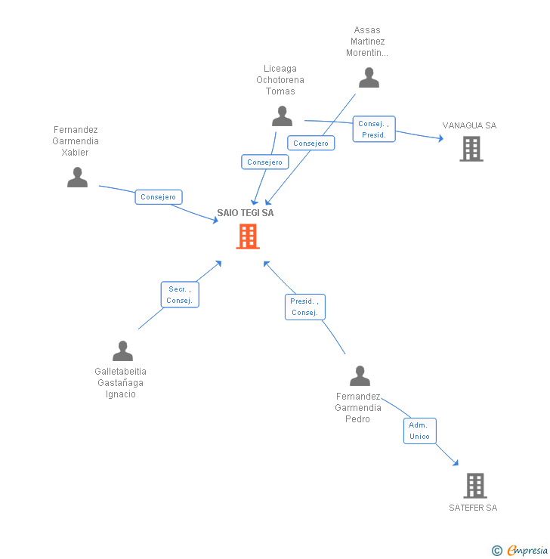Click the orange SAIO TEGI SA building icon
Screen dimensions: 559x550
[x=248, y=236]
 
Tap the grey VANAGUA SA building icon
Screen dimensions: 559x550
[x=471, y=149]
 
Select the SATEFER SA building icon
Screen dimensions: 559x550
[x=474, y=485]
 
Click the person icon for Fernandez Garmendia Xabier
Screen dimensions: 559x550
[x=77, y=178]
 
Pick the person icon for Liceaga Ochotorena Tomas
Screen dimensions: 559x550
[x=282, y=116]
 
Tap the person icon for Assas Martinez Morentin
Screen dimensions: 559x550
[x=369, y=78]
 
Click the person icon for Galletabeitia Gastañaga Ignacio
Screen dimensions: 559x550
[x=122, y=351]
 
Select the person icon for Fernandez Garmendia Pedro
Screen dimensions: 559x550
[x=360, y=375]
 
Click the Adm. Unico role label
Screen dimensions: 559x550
[x=419, y=431]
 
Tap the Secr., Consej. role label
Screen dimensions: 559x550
[x=180, y=295]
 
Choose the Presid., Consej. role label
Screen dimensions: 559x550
[x=304, y=307]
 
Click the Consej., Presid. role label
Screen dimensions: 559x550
[x=374, y=129]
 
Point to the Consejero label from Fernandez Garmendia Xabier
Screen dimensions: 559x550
[x=159, y=197]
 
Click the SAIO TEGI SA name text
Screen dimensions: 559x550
[x=246, y=213]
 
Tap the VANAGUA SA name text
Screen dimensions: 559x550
[x=469, y=125]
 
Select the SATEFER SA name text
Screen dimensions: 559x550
[x=473, y=508]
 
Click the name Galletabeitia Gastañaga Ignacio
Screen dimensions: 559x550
[x=121, y=383]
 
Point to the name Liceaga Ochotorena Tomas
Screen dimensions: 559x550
[x=280, y=80]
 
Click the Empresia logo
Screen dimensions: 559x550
[x=521, y=551]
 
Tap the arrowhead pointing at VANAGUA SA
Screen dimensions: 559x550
[x=440, y=138]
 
